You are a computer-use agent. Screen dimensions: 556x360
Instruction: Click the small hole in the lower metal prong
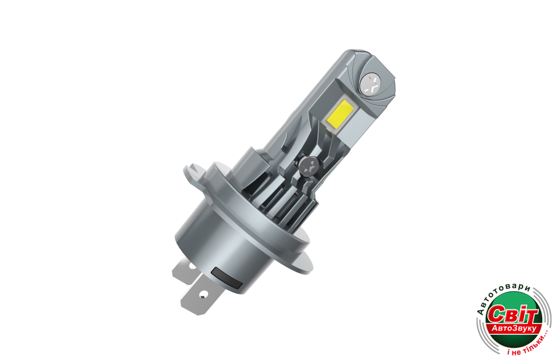pos(203,294)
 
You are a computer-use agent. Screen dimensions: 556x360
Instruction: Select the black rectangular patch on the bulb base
pos(226,278)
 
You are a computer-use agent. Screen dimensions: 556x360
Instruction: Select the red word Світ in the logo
pos(512,314)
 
